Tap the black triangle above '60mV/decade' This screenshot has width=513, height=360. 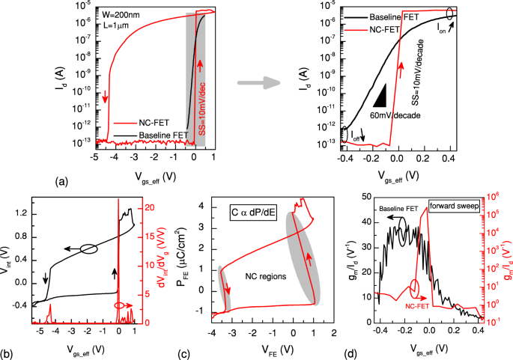[x=380, y=95]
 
